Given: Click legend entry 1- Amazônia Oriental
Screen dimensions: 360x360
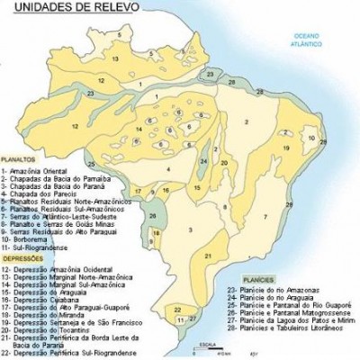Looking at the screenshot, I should pyautogui.click(x=35, y=168).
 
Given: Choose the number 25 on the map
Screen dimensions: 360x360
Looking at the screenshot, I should pyautogui.click(x=91, y=164).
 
